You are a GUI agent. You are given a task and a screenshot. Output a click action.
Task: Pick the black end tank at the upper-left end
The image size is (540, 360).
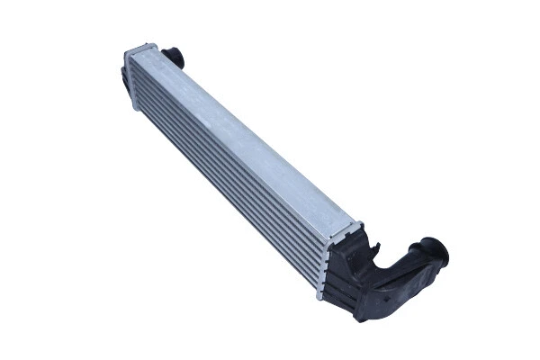coord(126,76)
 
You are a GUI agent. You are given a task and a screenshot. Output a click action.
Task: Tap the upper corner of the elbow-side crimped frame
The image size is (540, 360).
coord(361,222)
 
